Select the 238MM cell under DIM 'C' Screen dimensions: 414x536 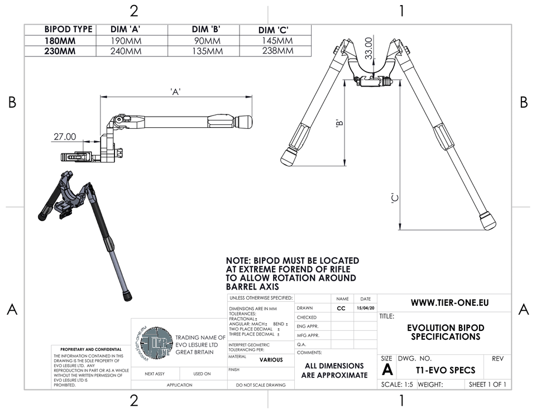277,51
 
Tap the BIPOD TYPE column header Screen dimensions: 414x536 68,30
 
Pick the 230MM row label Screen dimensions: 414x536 60,51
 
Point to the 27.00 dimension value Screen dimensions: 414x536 65,136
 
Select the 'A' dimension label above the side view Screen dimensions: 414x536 175,92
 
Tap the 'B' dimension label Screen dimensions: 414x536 339,124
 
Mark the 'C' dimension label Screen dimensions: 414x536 394,198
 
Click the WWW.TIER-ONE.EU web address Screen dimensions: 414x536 449,302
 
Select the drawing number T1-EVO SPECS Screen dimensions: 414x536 446,370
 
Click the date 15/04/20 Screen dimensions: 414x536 365,308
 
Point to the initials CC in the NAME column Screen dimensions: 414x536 341,308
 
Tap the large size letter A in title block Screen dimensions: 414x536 387,369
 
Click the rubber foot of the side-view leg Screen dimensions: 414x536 243,121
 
